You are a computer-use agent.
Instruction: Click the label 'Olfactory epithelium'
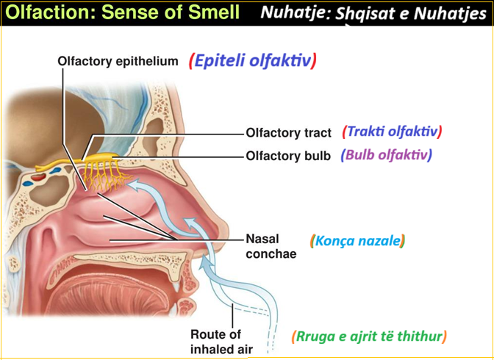pos(118,62)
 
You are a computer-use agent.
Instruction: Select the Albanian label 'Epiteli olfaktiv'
pos(252,60)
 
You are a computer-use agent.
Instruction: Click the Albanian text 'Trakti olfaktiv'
pos(392,132)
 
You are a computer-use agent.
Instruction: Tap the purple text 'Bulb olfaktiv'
pos(386,155)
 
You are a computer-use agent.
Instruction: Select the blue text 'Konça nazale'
pos(358,240)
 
